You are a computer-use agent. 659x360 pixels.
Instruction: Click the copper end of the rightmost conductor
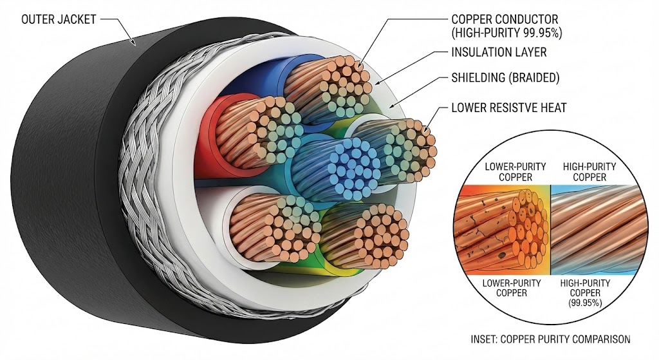pyautogui.click(x=412, y=148)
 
